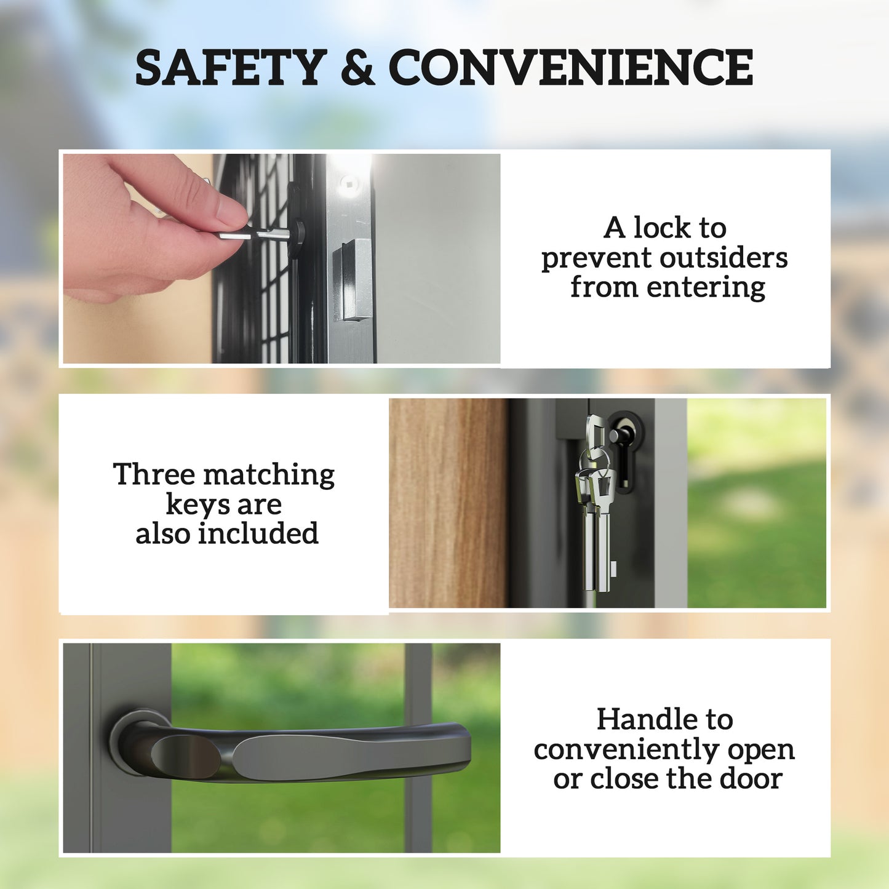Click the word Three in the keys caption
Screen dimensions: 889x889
tap(154, 474)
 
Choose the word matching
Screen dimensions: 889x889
tap(269, 476)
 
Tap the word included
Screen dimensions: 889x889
tap(258, 533)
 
